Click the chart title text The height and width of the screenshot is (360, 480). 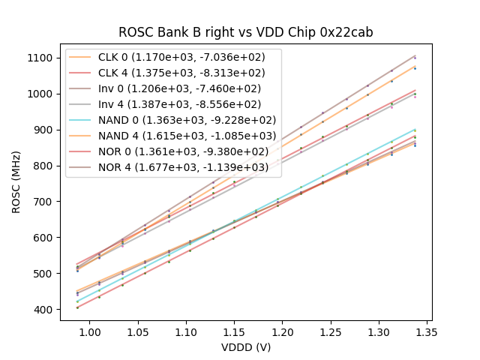tap(246, 33)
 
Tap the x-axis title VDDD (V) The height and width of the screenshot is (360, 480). tap(246, 347)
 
